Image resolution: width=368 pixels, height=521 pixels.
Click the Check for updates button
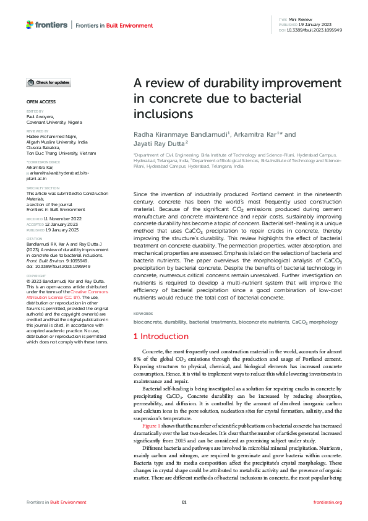coord(48,82)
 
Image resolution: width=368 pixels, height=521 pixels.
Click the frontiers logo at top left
coord(47,25)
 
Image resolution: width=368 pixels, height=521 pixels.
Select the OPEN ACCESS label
coord(41,101)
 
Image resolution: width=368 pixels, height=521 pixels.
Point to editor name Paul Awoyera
coord(40,116)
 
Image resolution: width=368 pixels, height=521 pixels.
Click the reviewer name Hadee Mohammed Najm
coord(51,137)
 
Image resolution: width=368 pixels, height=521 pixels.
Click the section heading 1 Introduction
coord(161,336)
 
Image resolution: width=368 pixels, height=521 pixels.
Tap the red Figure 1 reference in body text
coord(151,427)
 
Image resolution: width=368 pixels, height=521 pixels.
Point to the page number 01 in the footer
coord(184,501)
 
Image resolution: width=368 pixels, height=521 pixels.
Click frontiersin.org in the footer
coord(328,501)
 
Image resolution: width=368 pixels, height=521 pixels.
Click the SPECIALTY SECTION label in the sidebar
coord(43,187)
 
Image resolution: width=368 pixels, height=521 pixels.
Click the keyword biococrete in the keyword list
coord(148,322)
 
